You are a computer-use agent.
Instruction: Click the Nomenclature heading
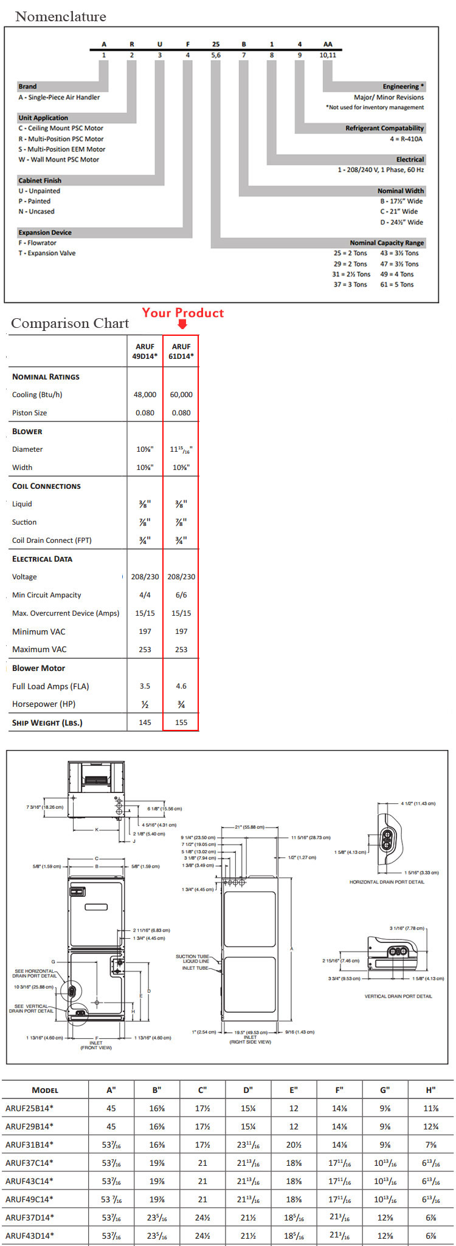coord(60,16)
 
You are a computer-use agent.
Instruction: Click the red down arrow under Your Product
coord(182,324)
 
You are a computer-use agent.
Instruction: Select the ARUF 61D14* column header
coord(181,351)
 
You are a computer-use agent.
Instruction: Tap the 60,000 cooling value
coord(181,395)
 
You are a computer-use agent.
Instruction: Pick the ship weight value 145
coord(145,723)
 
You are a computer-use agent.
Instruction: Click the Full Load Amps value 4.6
coord(181,686)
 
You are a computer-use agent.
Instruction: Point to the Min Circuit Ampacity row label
coord(46,595)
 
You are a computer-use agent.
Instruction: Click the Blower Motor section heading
coord(38,668)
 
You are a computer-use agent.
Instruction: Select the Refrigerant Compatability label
coord(384,128)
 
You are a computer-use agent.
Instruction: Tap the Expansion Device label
coord(44,233)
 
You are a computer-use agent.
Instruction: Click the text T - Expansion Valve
coord(47,253)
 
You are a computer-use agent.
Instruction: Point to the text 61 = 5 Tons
coord(396,284)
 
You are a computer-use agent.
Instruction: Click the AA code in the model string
coord(328,44)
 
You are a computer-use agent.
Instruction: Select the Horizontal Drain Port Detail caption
coord(387,882)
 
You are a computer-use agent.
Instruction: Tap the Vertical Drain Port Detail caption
coord(398,996)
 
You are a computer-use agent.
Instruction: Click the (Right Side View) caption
coord(250,1042)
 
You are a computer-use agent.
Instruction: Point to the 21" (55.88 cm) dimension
coord(249,827)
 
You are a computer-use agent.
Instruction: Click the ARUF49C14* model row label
coord(29,1199)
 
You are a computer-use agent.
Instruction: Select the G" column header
coord(385,1090)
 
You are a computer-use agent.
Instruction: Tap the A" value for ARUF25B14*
coord(111,1108)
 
